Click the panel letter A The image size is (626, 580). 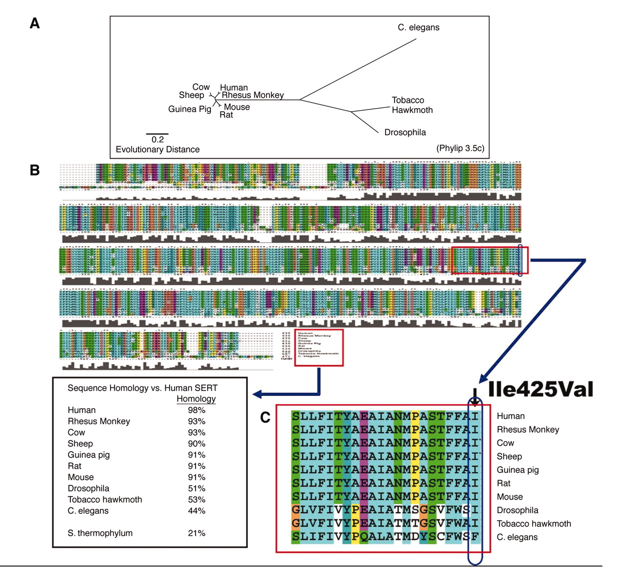35,23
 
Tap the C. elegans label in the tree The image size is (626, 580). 418,27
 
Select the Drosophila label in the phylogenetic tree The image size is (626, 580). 405,132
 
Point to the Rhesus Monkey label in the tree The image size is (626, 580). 252,95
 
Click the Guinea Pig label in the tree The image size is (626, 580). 190,109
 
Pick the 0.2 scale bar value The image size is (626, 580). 157,139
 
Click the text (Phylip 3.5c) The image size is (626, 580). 460,148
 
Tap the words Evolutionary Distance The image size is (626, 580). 157,149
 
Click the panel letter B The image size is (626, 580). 35,170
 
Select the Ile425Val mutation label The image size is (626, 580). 540,389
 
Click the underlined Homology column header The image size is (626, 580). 196,399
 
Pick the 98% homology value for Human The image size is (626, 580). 197,410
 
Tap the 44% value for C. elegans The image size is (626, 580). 197,511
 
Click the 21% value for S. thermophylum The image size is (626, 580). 197,533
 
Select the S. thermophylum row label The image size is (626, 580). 100,533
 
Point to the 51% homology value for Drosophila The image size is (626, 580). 197,488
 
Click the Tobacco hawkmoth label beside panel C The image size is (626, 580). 534,524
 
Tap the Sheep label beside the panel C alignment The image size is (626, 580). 509,457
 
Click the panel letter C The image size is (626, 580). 265,418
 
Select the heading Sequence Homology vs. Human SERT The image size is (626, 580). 142,388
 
